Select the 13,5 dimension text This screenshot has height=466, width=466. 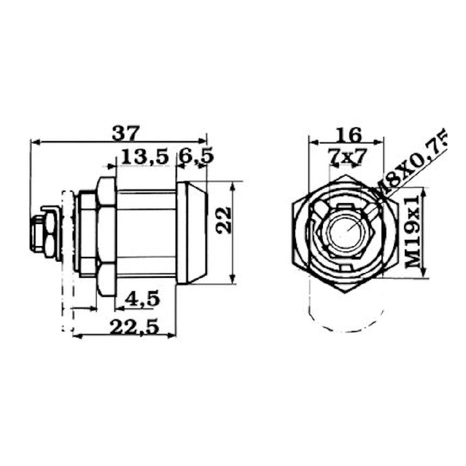pos(145,157)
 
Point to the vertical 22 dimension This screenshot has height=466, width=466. pos(225,220)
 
